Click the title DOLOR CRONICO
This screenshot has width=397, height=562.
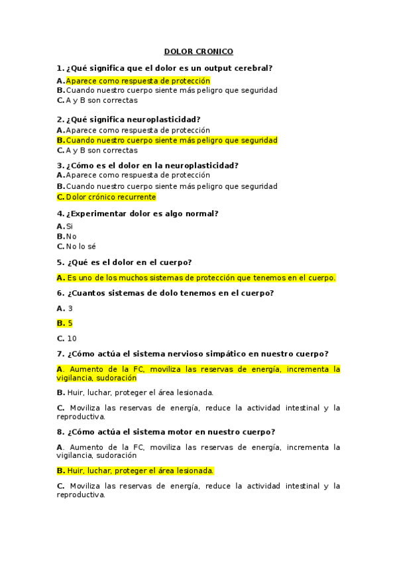point(198,52)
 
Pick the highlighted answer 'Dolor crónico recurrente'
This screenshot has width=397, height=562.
point(111,197)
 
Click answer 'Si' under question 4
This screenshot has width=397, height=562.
point(69,226)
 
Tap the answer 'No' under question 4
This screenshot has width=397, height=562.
point(71,236)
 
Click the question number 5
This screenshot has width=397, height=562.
point(60,262)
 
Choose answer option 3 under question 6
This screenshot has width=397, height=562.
point(70,308)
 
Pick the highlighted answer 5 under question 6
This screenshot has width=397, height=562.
point(70,323)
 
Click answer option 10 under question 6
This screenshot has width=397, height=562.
point(72,339)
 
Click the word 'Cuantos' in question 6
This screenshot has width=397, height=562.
point(89,293)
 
